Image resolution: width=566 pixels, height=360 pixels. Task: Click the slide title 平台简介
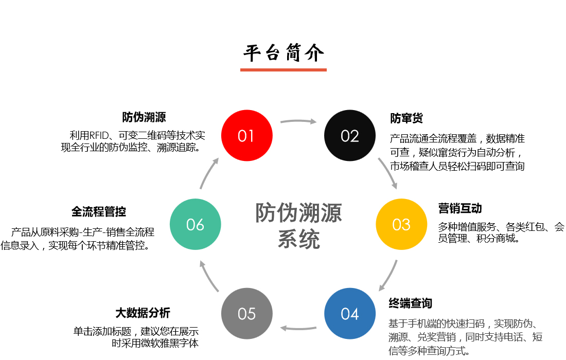[x=284, y=53]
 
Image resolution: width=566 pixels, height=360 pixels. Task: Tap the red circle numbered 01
[x=246, y=136]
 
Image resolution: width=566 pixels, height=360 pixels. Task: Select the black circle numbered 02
[x=349, y=136]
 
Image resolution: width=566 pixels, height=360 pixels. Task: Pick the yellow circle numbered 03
[x=401, y=225]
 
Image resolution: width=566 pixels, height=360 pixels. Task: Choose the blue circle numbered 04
[x=349, y=314]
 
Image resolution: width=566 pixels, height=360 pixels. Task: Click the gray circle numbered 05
[x=246, y=314]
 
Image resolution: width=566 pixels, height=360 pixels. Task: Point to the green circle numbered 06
[x=195, y=225]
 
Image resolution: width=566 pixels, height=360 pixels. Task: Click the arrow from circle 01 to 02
[x=298, y=121]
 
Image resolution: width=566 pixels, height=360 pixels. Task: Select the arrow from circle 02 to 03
[x=388, y=172]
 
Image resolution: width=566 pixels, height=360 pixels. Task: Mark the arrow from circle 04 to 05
[x=298, y=328]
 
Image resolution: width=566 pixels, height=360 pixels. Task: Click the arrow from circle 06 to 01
[x=208, y=173]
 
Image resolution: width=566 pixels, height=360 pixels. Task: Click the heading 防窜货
[x=406, y=118]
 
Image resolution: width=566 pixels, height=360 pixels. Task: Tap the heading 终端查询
[x=410, y=303]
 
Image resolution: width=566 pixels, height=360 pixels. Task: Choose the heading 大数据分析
[x=143, y=313]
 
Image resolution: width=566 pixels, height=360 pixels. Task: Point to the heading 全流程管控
[x=99, y=211]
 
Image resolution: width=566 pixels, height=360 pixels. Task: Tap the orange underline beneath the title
[x=284, y=69]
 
